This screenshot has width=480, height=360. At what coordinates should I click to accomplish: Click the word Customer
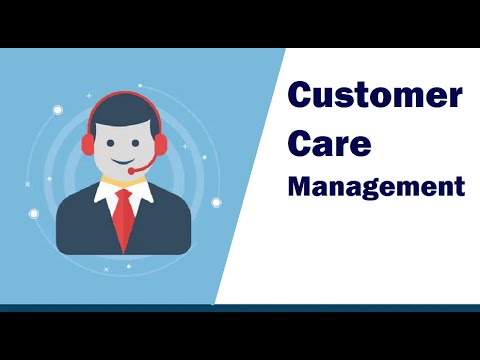[x=375, y=98]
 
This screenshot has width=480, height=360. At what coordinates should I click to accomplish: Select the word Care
[x=330, y=142]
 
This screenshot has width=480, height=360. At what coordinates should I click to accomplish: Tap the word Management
[x=376, y=186]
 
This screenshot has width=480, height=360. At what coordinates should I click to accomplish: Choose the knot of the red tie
[x=123, y=195]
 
